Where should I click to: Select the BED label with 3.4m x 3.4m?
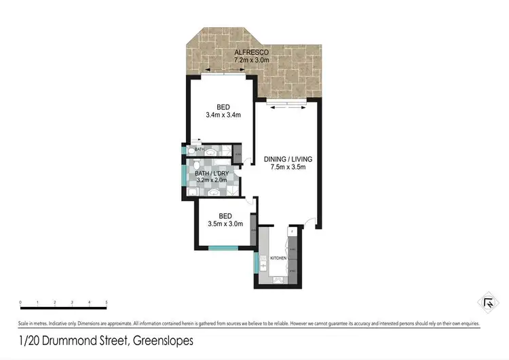click(223, 107)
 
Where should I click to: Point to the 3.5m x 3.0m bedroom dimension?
click(223, 224)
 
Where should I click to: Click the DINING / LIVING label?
click(288, 160)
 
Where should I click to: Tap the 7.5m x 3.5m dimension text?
click(288, 168)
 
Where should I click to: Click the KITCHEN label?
click(279, 259)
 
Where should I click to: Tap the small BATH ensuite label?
click(200, 149)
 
